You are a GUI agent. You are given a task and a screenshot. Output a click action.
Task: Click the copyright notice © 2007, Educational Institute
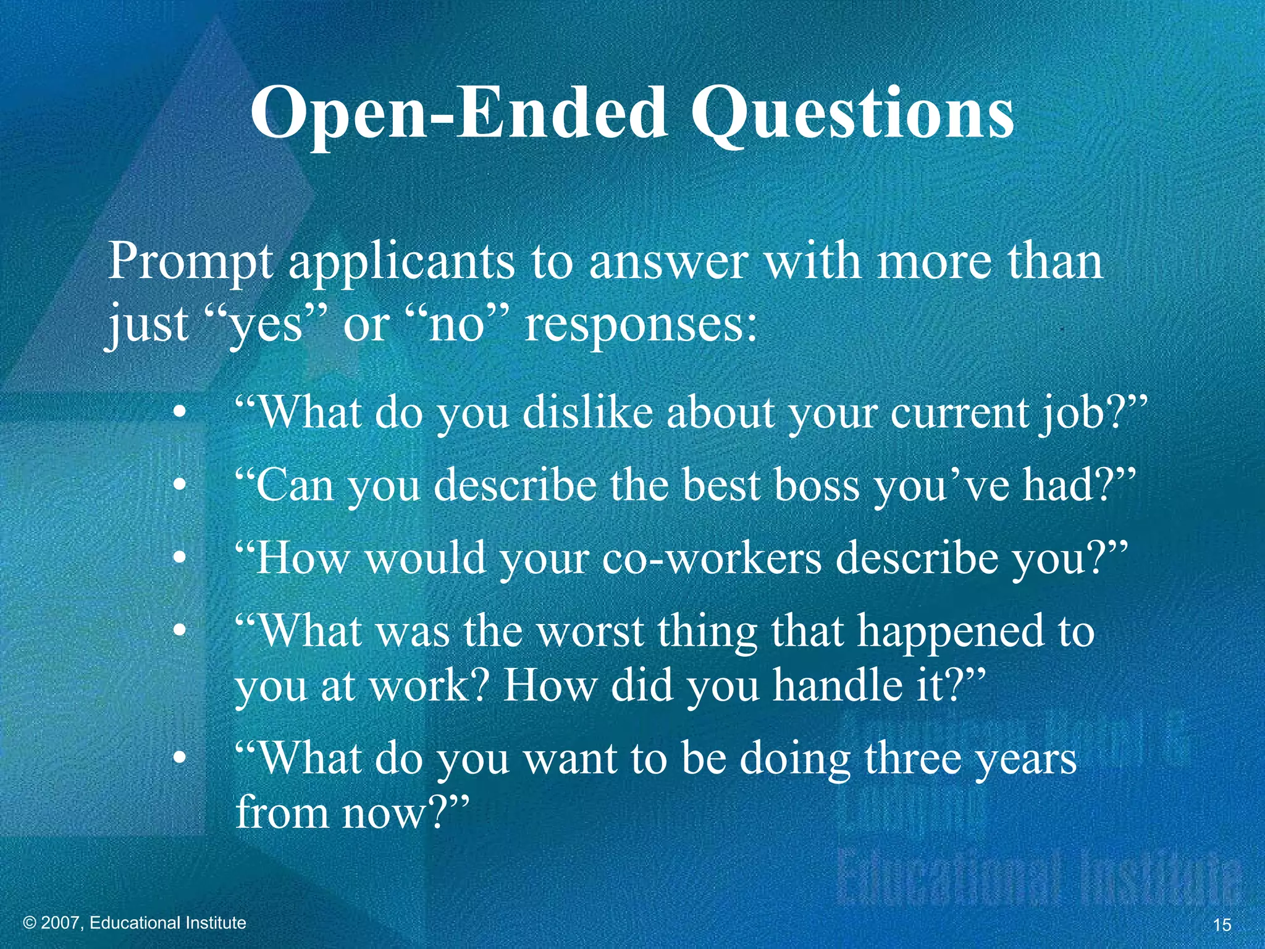coord(135,923)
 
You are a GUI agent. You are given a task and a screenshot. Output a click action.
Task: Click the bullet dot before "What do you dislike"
coord(179,413)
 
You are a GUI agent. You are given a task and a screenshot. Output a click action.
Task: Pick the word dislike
coord(587,412)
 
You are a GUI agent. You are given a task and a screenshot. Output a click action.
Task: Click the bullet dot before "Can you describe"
coord(179,486)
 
